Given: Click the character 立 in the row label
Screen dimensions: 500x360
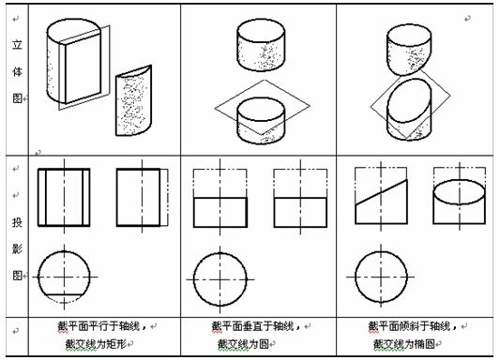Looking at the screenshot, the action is point(17,44).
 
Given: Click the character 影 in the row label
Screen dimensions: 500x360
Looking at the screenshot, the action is point(17,248).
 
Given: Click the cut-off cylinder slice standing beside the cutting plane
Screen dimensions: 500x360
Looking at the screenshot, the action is point(133,100).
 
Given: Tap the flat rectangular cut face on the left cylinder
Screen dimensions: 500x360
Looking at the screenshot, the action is point(83,68).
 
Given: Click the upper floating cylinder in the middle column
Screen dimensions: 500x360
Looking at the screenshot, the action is point(261,45).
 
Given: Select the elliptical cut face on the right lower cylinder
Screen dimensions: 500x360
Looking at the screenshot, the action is point(409,100).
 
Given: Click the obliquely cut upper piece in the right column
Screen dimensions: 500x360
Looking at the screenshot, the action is point(409,50).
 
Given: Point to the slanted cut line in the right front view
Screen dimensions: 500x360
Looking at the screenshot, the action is point(382,192).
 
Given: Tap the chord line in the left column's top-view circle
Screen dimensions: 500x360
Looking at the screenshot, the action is point(64,294).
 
